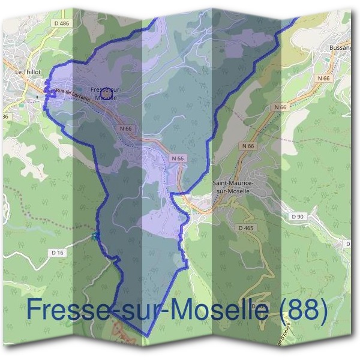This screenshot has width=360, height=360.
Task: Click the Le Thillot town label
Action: (28, 71)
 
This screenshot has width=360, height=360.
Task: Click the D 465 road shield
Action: (245, 228)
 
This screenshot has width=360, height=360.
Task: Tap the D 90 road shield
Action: (298, 216)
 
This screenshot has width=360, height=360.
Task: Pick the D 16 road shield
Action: (58, 253)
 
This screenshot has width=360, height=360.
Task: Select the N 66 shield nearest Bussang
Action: (325, 78)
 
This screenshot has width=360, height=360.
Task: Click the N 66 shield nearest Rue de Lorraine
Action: (125, 128)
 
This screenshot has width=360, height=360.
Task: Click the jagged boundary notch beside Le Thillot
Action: (46, 90)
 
